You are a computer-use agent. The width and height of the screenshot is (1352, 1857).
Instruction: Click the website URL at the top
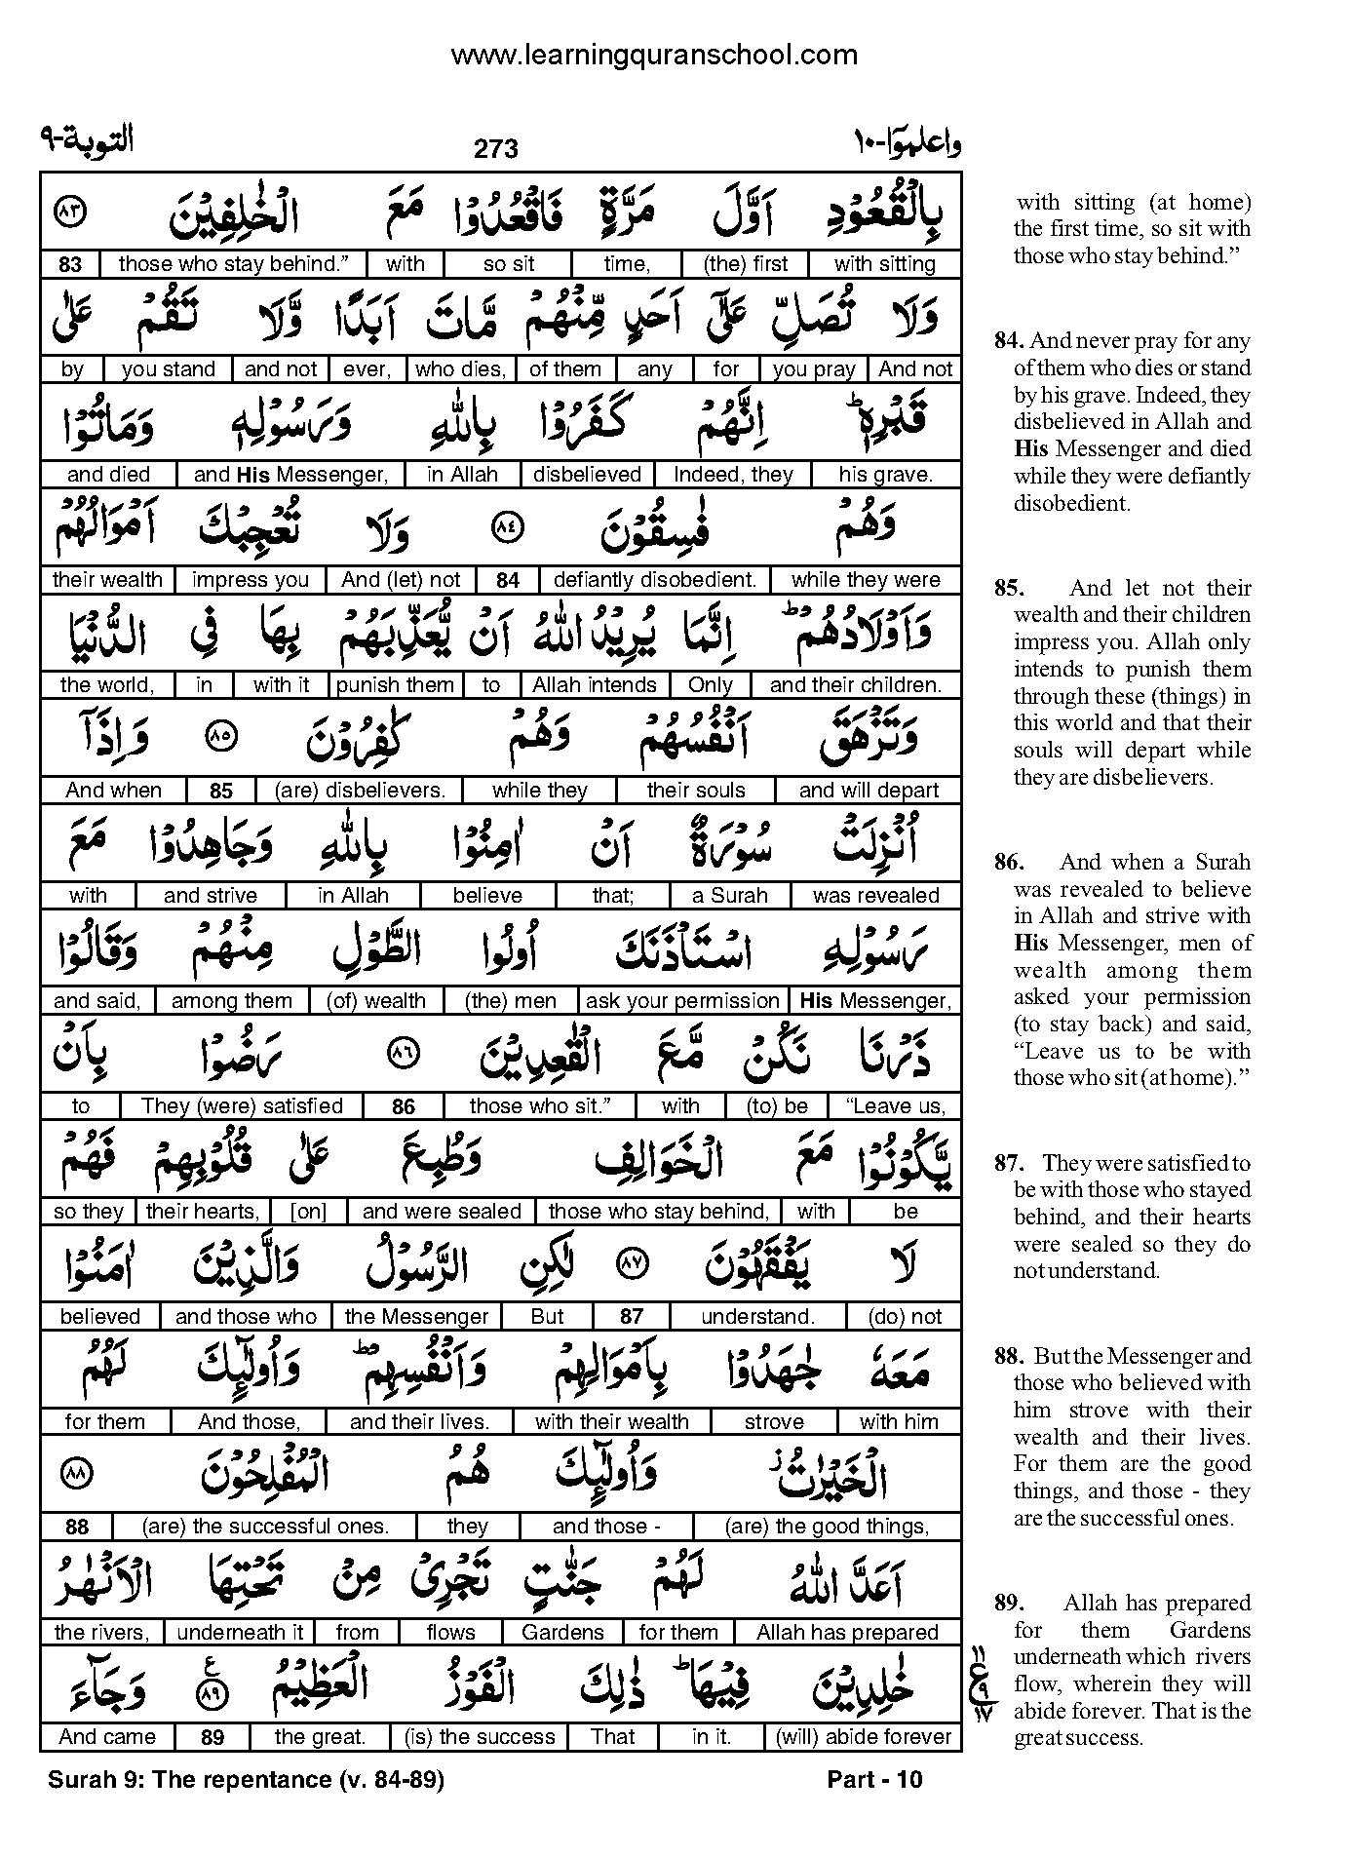[x=654, y=56]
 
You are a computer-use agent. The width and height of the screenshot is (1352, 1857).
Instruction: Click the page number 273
[x=496, y=149]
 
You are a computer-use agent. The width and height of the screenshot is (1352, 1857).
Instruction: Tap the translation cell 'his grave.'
[x=885, y=475]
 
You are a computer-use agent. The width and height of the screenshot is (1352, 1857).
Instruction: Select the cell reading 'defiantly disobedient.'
[x=654, y=580]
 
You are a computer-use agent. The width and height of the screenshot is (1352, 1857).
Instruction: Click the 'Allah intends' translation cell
[x=595, y=685]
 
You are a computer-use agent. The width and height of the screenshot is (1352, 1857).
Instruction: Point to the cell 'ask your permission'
[x=683, y=1001]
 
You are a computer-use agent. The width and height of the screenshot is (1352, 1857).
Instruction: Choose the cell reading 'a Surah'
[x=729, y=896]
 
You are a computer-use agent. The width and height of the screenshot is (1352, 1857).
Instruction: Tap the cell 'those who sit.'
[x=539, y=1106]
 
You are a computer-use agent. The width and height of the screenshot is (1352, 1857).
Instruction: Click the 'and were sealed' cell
[x=442, y=1212]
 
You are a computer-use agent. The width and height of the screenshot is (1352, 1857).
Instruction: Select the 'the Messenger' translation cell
[x=416, y=1317]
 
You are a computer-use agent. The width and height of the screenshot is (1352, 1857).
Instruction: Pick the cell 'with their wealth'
[x=611, y=1422]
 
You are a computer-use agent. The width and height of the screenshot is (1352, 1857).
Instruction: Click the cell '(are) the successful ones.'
[x=265, y=1528]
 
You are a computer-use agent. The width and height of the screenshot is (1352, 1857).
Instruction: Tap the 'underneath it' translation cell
[x=241, y=1633]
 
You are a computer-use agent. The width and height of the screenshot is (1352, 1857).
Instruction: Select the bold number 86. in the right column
[x=1010, y=862]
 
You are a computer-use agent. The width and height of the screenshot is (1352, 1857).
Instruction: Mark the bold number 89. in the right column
[x=1010, y=1603]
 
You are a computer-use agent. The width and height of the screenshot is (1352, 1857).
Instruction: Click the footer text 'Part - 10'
[x=873, y=1780]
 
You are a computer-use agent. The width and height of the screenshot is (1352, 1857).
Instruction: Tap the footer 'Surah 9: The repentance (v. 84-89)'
[x=246, y=1780]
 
